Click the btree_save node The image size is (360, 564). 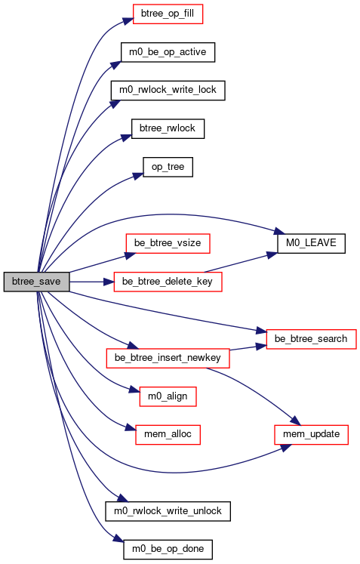(36, 282)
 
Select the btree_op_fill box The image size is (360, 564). (168, 14)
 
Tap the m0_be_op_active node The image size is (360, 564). (168, 52)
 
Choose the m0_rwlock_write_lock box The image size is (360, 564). (168, 91)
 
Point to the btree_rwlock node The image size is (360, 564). (168, 128)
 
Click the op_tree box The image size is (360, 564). (168, 167)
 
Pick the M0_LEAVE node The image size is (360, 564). (312, 243)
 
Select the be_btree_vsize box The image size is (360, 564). (168, 243)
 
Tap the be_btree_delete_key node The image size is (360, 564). (168, 282)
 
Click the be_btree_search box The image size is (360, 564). (311, 339)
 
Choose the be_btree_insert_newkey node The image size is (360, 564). (168, 358)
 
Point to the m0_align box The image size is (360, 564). (168, 396)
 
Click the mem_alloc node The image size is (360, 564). (168, 434)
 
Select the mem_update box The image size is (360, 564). (312, 434)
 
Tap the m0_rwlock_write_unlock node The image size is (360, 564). (168, 511)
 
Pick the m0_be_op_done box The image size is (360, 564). (168, 549)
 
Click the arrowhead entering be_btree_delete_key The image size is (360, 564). (109, 282)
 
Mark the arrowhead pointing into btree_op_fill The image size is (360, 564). (128, 20)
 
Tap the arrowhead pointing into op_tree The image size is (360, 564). (138, 176)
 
